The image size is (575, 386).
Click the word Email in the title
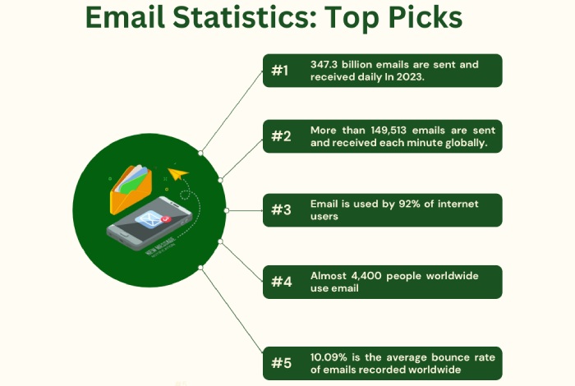125,17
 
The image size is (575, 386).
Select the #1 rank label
280,71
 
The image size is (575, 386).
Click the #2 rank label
281,136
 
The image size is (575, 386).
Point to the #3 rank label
281,210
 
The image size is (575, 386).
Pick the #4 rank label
281,282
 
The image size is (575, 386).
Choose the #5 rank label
281,363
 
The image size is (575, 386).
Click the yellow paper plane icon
177,173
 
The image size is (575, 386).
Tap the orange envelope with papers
131,189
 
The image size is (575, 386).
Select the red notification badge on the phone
166,219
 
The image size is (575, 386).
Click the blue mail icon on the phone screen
149,219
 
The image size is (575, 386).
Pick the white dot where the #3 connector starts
226,210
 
